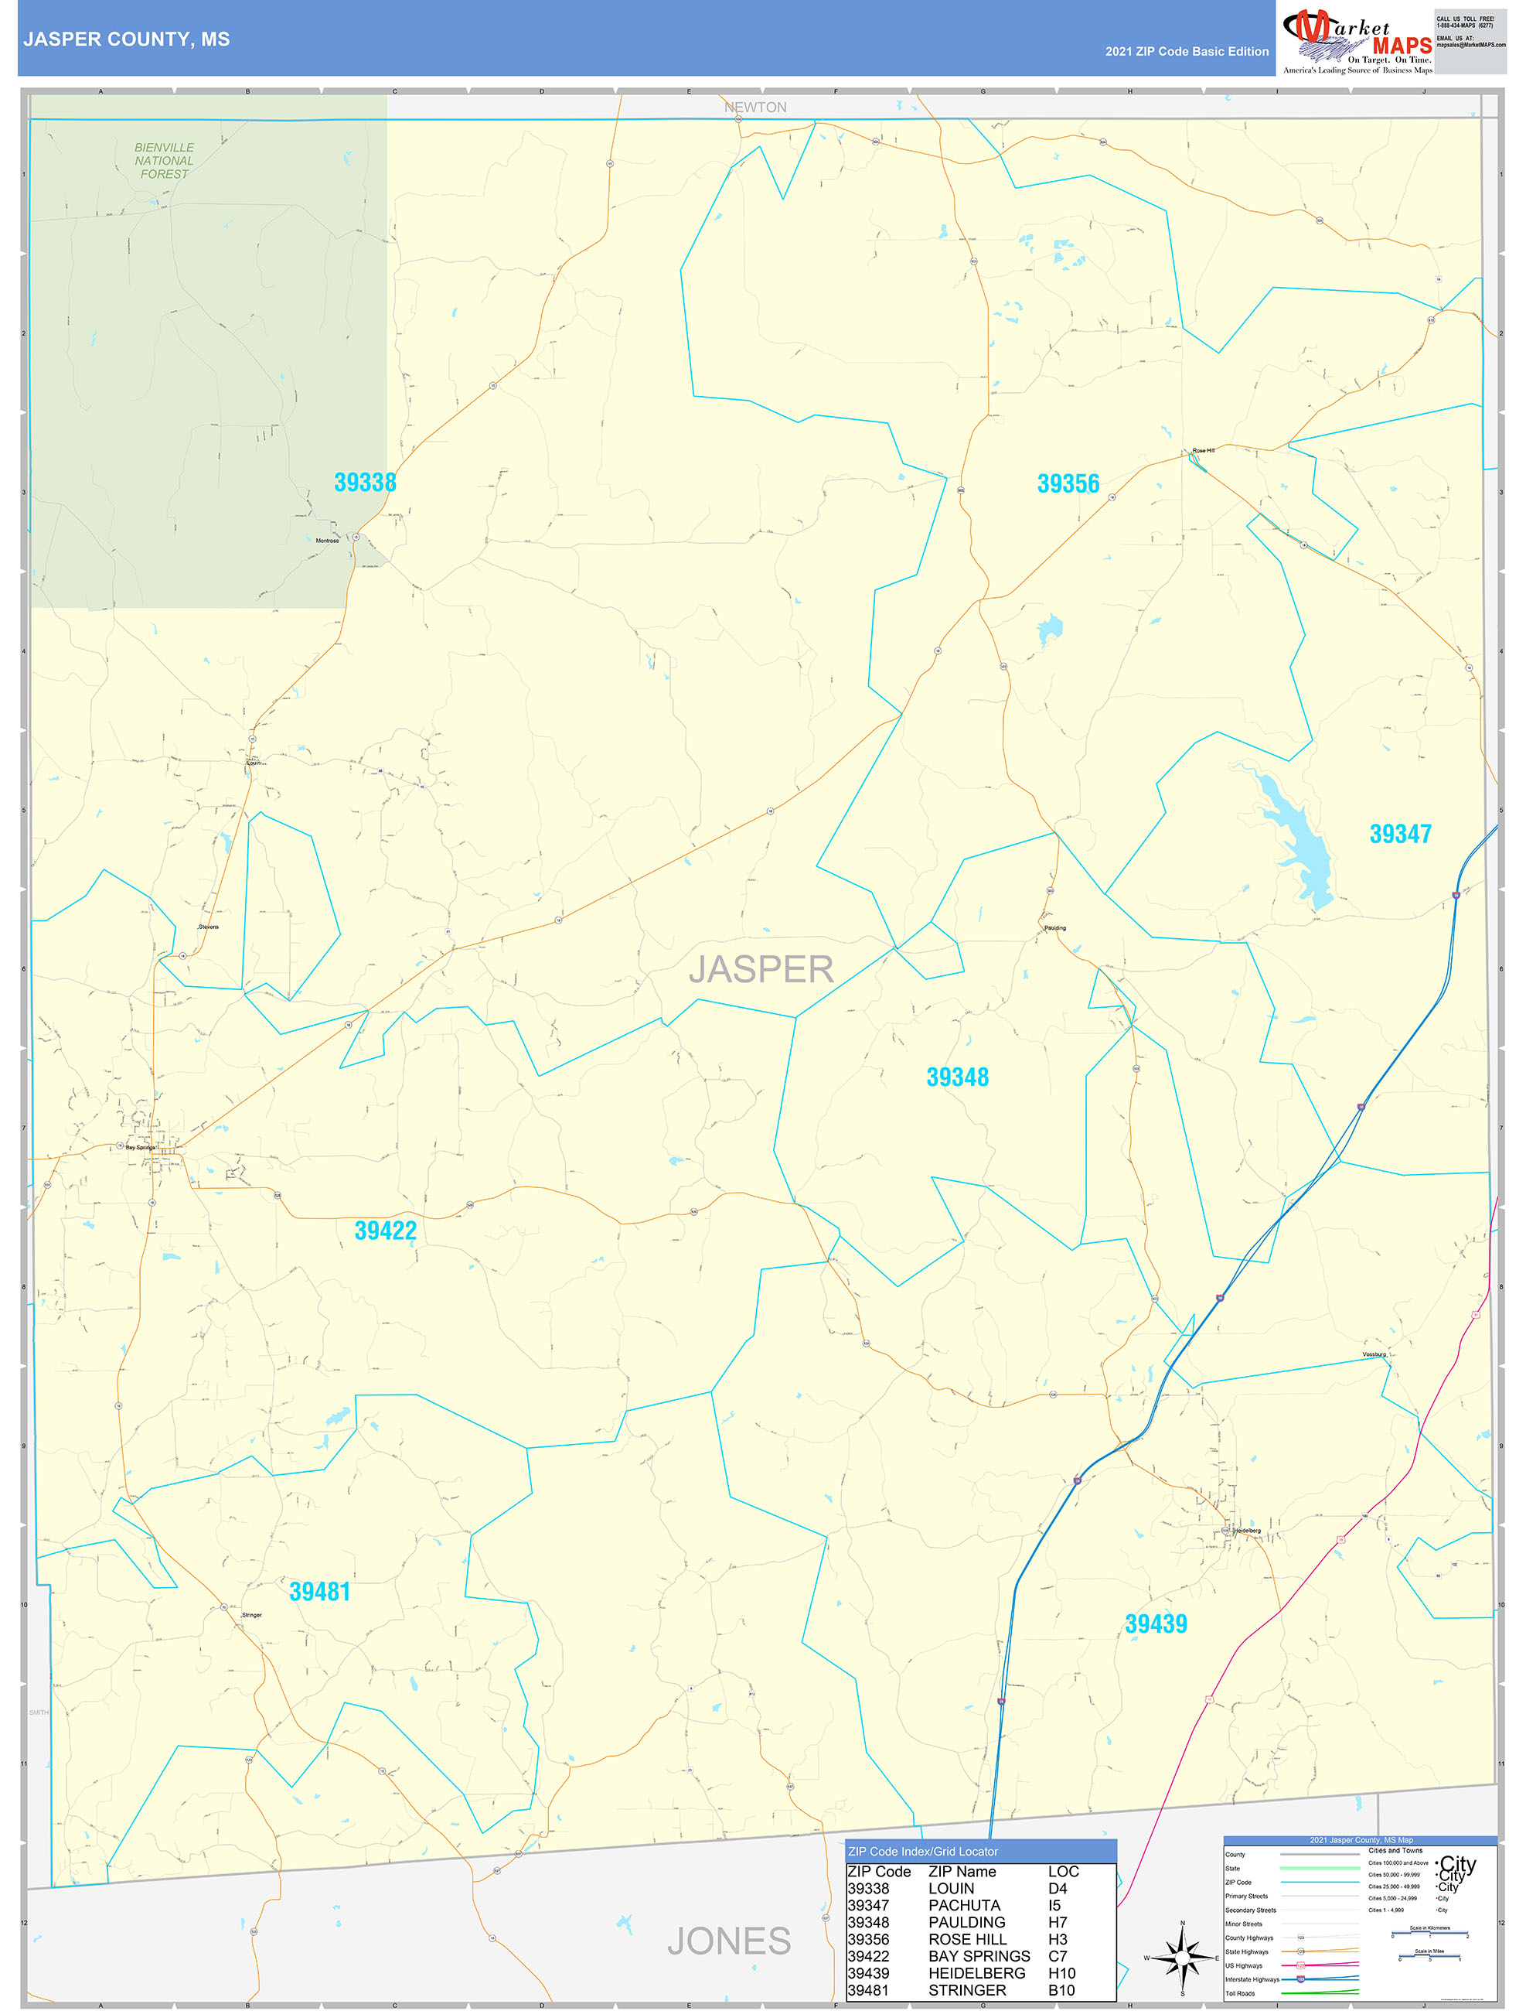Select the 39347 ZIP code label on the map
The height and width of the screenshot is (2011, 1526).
coord(1400,834)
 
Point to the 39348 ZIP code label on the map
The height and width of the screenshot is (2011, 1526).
coord(957,1077)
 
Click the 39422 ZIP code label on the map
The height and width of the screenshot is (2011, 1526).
coord(385,1231)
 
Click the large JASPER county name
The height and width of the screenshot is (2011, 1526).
coord(761,969)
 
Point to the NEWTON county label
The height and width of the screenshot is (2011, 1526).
coord(755,108)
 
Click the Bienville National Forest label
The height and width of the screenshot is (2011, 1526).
coord(164,160)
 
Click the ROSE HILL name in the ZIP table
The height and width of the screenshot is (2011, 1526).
coord(967,1939)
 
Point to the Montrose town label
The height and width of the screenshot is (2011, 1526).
coord(327,541)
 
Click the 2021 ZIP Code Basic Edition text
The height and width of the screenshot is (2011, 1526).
coord(1186,52)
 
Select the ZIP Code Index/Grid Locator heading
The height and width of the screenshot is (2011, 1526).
coord(922,1851)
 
